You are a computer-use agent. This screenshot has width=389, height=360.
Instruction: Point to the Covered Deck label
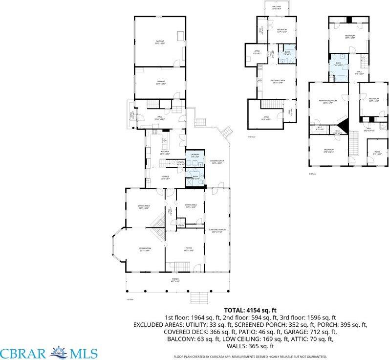tap(216, 161)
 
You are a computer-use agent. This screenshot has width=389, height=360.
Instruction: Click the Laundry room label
tap(195, 155)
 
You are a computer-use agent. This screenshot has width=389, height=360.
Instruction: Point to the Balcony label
tap(276, 7)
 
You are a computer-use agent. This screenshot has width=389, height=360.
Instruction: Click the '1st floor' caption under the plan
tap(130, 299)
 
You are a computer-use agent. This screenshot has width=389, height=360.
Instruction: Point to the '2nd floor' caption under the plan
tap(252, 136)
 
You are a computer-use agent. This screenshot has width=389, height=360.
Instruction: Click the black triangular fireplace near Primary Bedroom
tap(343, 124)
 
